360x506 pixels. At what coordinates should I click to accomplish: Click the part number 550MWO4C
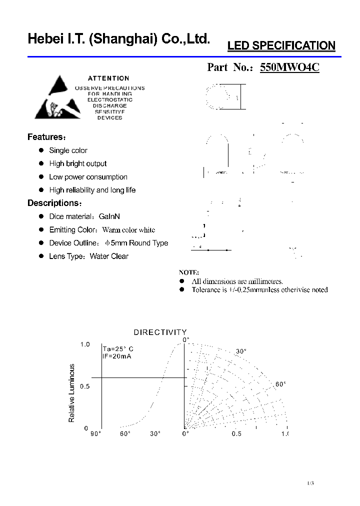click(289, 67)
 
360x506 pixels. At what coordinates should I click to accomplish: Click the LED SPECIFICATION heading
click(281, 46)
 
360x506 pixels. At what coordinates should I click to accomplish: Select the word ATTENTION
click(108, 78)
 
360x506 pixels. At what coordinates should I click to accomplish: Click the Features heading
click(45, 137)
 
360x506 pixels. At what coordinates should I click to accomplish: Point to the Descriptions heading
click(53, 203)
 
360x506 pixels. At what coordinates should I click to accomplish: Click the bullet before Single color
click(42, 150)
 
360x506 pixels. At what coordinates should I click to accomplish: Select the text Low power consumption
click(88, 177)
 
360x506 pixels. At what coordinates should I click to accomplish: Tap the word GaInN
click(109, 216)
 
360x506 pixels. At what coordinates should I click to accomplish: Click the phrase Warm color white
click(128, 230)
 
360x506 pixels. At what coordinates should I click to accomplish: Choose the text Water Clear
click(109, 256)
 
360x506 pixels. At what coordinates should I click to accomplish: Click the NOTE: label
click(189, 272)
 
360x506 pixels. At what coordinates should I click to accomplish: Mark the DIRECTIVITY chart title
click(160, 332)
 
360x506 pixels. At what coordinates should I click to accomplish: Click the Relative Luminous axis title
click(71, 393)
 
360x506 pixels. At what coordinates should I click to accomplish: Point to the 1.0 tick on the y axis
click(85, 344)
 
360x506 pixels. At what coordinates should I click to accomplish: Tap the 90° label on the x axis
click(95, 434)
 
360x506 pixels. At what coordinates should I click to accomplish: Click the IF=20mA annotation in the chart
click(116, 356)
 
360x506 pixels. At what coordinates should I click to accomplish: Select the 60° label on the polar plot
click(280, 384)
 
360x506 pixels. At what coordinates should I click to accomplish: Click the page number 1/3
click(310, 483)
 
